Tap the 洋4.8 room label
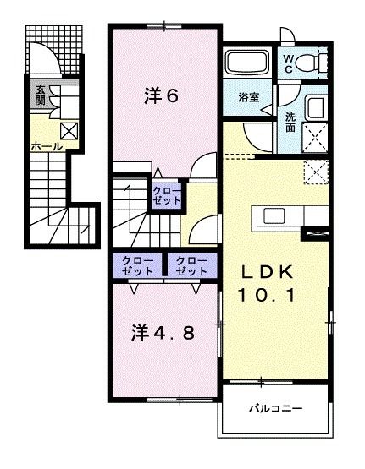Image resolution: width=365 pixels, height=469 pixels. [163, 332]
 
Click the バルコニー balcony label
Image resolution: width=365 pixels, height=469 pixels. [274, 408]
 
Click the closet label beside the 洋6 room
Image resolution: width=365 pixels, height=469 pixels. [167, 198]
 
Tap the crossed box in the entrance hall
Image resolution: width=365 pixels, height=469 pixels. [69, 131]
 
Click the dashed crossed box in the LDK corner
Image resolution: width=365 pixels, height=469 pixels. [317, 171]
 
